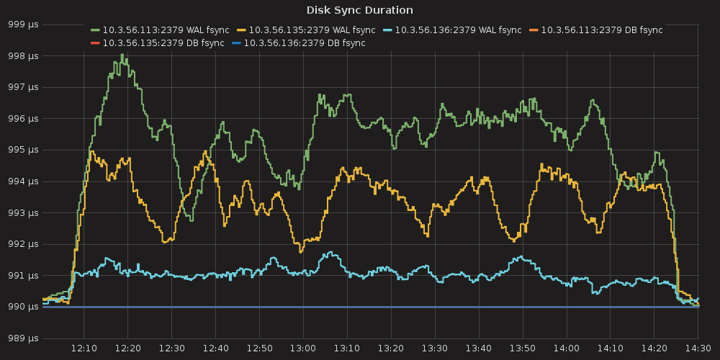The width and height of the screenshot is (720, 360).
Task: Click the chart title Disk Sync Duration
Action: point(359,10)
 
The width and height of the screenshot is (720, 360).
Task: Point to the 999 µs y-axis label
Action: point(24,24)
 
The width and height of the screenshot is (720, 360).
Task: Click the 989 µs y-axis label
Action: point(24,338)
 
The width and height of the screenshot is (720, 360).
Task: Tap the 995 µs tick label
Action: point(24,150)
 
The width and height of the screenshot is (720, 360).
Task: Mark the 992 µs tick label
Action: point(24,244)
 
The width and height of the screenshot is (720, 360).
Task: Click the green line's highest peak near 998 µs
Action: point(122,55)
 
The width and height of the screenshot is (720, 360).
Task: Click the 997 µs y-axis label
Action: point(24,87)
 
